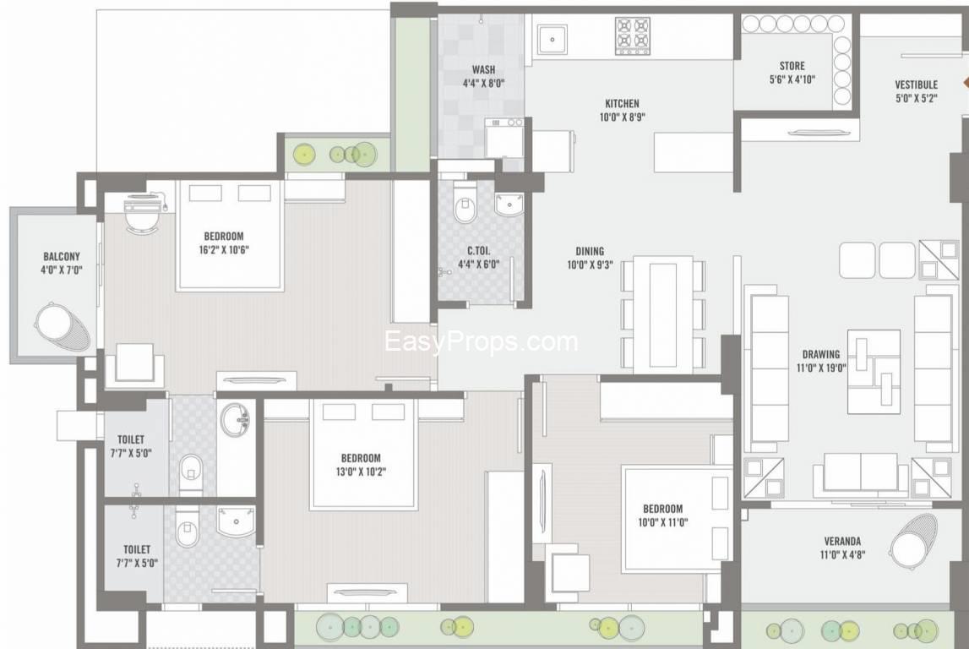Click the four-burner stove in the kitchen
tap(633, 35)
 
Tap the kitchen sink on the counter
tap(553, 40)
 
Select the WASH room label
tap(483, 70)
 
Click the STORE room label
tap(792, 66)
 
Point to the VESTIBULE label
tap(917, 85)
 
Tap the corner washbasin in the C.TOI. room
tap(509, 204)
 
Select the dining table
tap(663, 314)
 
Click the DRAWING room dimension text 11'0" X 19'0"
tap(821, 368)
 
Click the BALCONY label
tap(61, 257)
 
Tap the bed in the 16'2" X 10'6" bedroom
tap(230, 236)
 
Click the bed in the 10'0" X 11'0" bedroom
tap(678, 518)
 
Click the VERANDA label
tap(842, 542)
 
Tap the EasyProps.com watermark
tap(482, 341)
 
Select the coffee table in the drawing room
tap(874, 372)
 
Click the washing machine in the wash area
tap(504, 137)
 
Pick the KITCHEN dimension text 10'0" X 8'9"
tap(623, 117)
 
